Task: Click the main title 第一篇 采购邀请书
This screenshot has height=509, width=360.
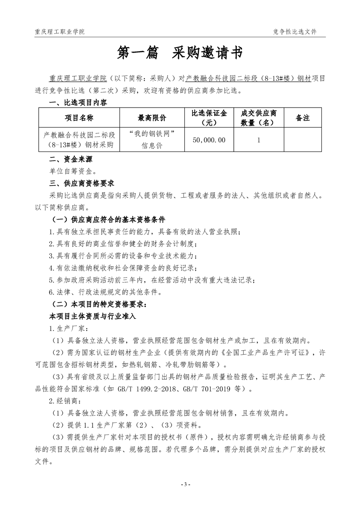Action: pos(180,53)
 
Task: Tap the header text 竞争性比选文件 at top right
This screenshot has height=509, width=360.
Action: pos(295,32)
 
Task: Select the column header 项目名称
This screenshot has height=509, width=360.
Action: pos(79,118)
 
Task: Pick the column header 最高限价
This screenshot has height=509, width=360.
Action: pos(152,118)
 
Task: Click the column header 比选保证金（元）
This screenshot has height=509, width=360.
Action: pos(209,118)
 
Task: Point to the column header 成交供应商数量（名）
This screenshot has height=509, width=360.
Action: pos(258,118)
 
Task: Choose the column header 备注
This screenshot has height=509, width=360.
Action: pos(302,118)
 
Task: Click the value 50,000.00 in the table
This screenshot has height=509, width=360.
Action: pos(209,140)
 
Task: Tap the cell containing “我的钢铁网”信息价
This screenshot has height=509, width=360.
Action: pos(152,140)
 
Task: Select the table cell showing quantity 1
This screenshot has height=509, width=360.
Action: pos(258,140)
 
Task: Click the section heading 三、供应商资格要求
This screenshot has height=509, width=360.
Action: pos(82,183)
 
